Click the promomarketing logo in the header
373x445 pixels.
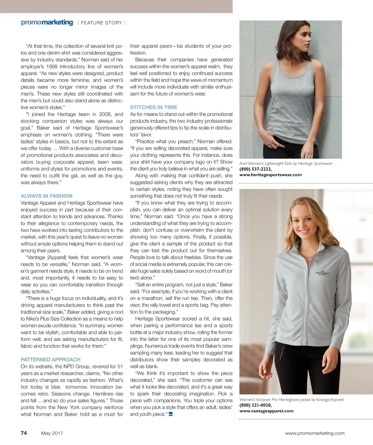pyautogui.click(x=47, y=23)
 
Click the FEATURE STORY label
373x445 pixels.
pyautogui.click(x=101, y=23)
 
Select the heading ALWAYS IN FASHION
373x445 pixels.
pyautogui.click(x=47, y=196)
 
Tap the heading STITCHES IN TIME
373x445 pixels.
pyautogui.click(x=153, y=107)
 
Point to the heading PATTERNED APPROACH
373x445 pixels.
pyautogui.click(x=50, y=359)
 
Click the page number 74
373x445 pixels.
pyautogui.click(x=24, y=433)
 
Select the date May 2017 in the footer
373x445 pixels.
pyautogui.click(x=52, y=433)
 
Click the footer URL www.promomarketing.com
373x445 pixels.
pyautogui.click(x=314, y=433)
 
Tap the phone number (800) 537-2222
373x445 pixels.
pyautogui.click(x=255, y=169)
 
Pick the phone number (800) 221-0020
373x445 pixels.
pyautogui.click(x=255, y=405)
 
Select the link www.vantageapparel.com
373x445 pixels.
pyautogui.click(x=266, y=411)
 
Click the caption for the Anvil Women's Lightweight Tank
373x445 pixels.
pyautogui.click(x=286, y=163)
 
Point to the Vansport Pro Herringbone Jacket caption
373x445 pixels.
pyautogui.click(x=291, y=399)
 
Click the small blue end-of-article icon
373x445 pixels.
pyautogui.click(x=170, y=414)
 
